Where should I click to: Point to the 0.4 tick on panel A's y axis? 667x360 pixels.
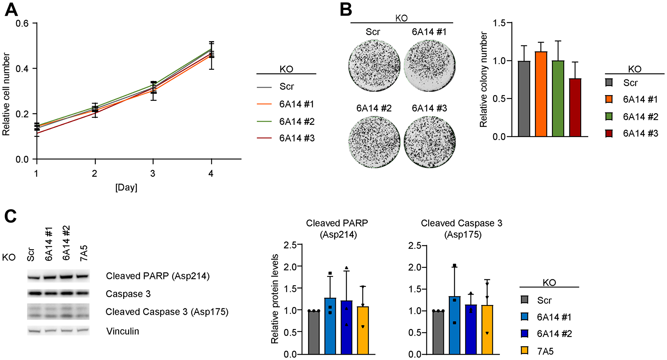pyautogui.click(x=22, y=69)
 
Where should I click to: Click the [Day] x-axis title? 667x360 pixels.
pyautogui.click(x=126, y=187)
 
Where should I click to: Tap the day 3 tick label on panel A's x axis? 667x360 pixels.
pyautogui.click(x=153, y=173)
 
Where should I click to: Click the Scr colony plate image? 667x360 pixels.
pyautogui.click(x=374, y=66)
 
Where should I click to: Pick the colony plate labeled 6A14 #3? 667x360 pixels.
pyautogui.click(x=430, y=142)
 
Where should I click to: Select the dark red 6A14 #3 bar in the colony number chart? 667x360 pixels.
pyautogui.click(x=575, y=107)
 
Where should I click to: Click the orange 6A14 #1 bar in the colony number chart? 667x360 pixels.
pyautogui.click(x=541, y=94)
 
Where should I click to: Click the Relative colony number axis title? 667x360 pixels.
pyautogui.click(x=483, y=79)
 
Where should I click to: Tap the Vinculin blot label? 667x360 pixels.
pyautogui.click(x=122, y=331)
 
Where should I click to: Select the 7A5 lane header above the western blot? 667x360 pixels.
pyautogui.click(x=84, y=253)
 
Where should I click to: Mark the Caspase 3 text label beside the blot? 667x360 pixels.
pyautogui.click(x=128, y=294)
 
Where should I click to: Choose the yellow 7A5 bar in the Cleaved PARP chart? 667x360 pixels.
pyautogui.click(x=363, y=330)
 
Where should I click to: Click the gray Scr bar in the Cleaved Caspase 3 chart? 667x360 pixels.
pyautogui.click(x=438, y=332)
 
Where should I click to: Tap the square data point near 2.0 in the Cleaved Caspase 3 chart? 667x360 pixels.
pyautogui.click(x=455, y=266)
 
